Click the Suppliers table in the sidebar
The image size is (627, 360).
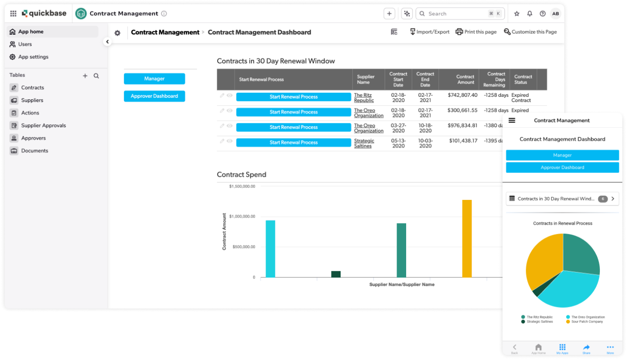[32, 100]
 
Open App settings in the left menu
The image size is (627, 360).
[33, 57]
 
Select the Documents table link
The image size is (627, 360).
[34, 151]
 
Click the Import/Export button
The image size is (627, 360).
[429, 32]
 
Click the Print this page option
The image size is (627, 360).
[476, 32]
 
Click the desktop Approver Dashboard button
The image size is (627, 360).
[154, 96]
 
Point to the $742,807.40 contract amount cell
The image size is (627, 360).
[462, 95]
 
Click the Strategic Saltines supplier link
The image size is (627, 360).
[364, 143]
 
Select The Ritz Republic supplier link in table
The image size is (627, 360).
[364, 98]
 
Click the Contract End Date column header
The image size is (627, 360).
[425, 79]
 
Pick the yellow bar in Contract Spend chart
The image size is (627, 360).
[467, 238]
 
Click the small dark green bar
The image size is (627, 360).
[336, 274]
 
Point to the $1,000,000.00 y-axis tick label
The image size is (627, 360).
[242, 217]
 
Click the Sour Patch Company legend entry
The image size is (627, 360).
[587, 322]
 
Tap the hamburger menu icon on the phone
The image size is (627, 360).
[512, 120]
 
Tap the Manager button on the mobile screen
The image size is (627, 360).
[562, 155]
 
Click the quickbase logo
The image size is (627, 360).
[44, 14]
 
